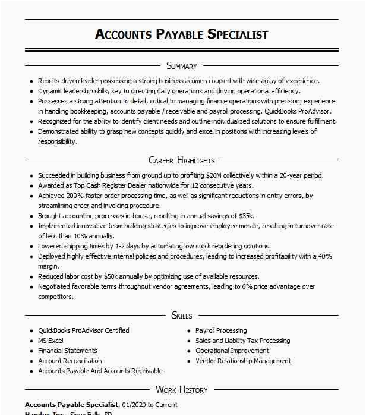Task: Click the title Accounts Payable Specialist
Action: point(182,34)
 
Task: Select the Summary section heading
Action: point(182,66)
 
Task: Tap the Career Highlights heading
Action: point(182,160)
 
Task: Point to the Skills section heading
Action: point(182,315)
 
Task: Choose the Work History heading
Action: point(182,390)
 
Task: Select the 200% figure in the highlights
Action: point(77,196)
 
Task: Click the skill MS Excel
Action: point(51,341)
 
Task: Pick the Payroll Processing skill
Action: point(221,330)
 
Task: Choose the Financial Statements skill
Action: point(68,351)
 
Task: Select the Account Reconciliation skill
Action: point(70,361)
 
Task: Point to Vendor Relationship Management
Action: point(244,361)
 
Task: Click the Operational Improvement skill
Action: point(232,351)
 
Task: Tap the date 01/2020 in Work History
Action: point(134,405)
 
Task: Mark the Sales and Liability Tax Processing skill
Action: point(243,341)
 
